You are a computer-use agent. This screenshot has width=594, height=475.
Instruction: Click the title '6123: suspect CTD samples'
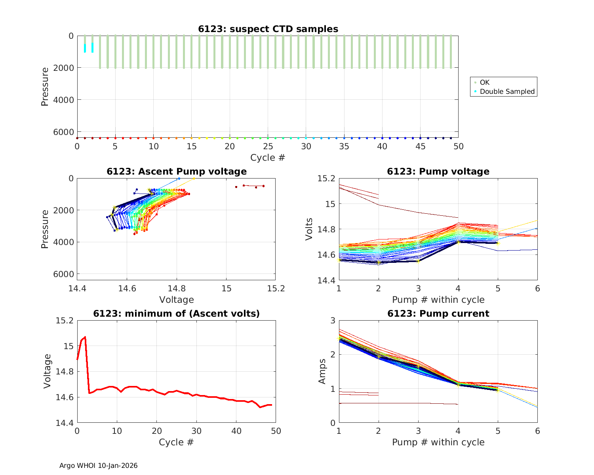268,29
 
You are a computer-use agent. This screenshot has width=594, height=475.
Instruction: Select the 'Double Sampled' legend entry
507,91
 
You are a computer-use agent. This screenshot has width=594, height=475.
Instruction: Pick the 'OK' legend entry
484,82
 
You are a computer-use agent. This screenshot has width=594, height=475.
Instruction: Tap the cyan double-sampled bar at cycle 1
85,48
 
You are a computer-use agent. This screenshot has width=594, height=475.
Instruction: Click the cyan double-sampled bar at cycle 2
92,47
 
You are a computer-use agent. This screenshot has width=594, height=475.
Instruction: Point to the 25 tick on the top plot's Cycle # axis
268,146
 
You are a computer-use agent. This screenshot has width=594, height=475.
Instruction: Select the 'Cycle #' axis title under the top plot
268,158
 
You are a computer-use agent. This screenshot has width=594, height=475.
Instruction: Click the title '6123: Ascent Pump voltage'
177,171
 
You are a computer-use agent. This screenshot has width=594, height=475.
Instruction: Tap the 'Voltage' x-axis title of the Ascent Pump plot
177,300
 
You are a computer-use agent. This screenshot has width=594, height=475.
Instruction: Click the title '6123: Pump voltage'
438,171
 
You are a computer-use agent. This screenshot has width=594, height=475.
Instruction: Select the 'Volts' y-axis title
309,229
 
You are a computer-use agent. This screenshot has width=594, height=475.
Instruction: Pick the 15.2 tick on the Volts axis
326,179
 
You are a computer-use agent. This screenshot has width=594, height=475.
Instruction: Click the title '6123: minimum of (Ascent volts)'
177,313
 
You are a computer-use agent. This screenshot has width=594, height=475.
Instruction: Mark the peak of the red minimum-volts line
85,337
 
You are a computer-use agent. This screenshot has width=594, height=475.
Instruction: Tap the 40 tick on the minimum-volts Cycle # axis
236,431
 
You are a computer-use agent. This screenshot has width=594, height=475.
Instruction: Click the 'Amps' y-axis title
322,371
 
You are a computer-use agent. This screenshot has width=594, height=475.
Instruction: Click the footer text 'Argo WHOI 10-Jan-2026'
99,465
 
